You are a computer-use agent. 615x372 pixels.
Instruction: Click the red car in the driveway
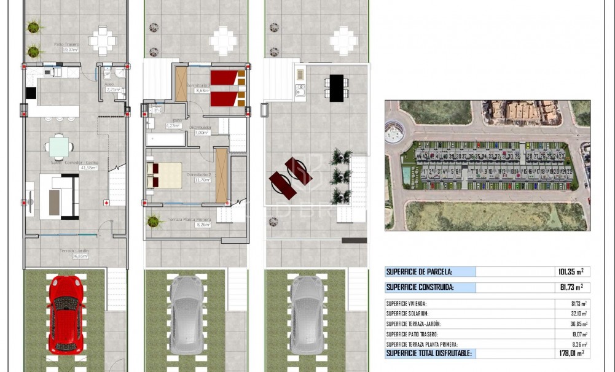[x=65, y=314]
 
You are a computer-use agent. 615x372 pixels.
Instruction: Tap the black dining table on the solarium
[x=336, y=88]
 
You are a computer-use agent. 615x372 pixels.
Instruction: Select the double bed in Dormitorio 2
[x=164, y=175]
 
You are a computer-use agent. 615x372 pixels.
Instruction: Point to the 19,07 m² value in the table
[x=579, y=335]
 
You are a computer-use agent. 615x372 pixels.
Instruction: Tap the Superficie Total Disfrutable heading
[x=428, y=353]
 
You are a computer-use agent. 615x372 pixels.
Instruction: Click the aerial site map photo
[x=487, y=165]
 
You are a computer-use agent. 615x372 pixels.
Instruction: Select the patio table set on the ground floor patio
[x=102, y=41]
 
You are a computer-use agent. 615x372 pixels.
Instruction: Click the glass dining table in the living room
[x=59, y=147]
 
